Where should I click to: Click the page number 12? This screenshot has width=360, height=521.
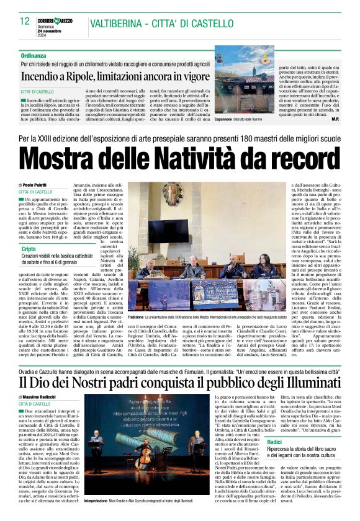pos(25,21)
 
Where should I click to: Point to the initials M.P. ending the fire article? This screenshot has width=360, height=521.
pos(335,118)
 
